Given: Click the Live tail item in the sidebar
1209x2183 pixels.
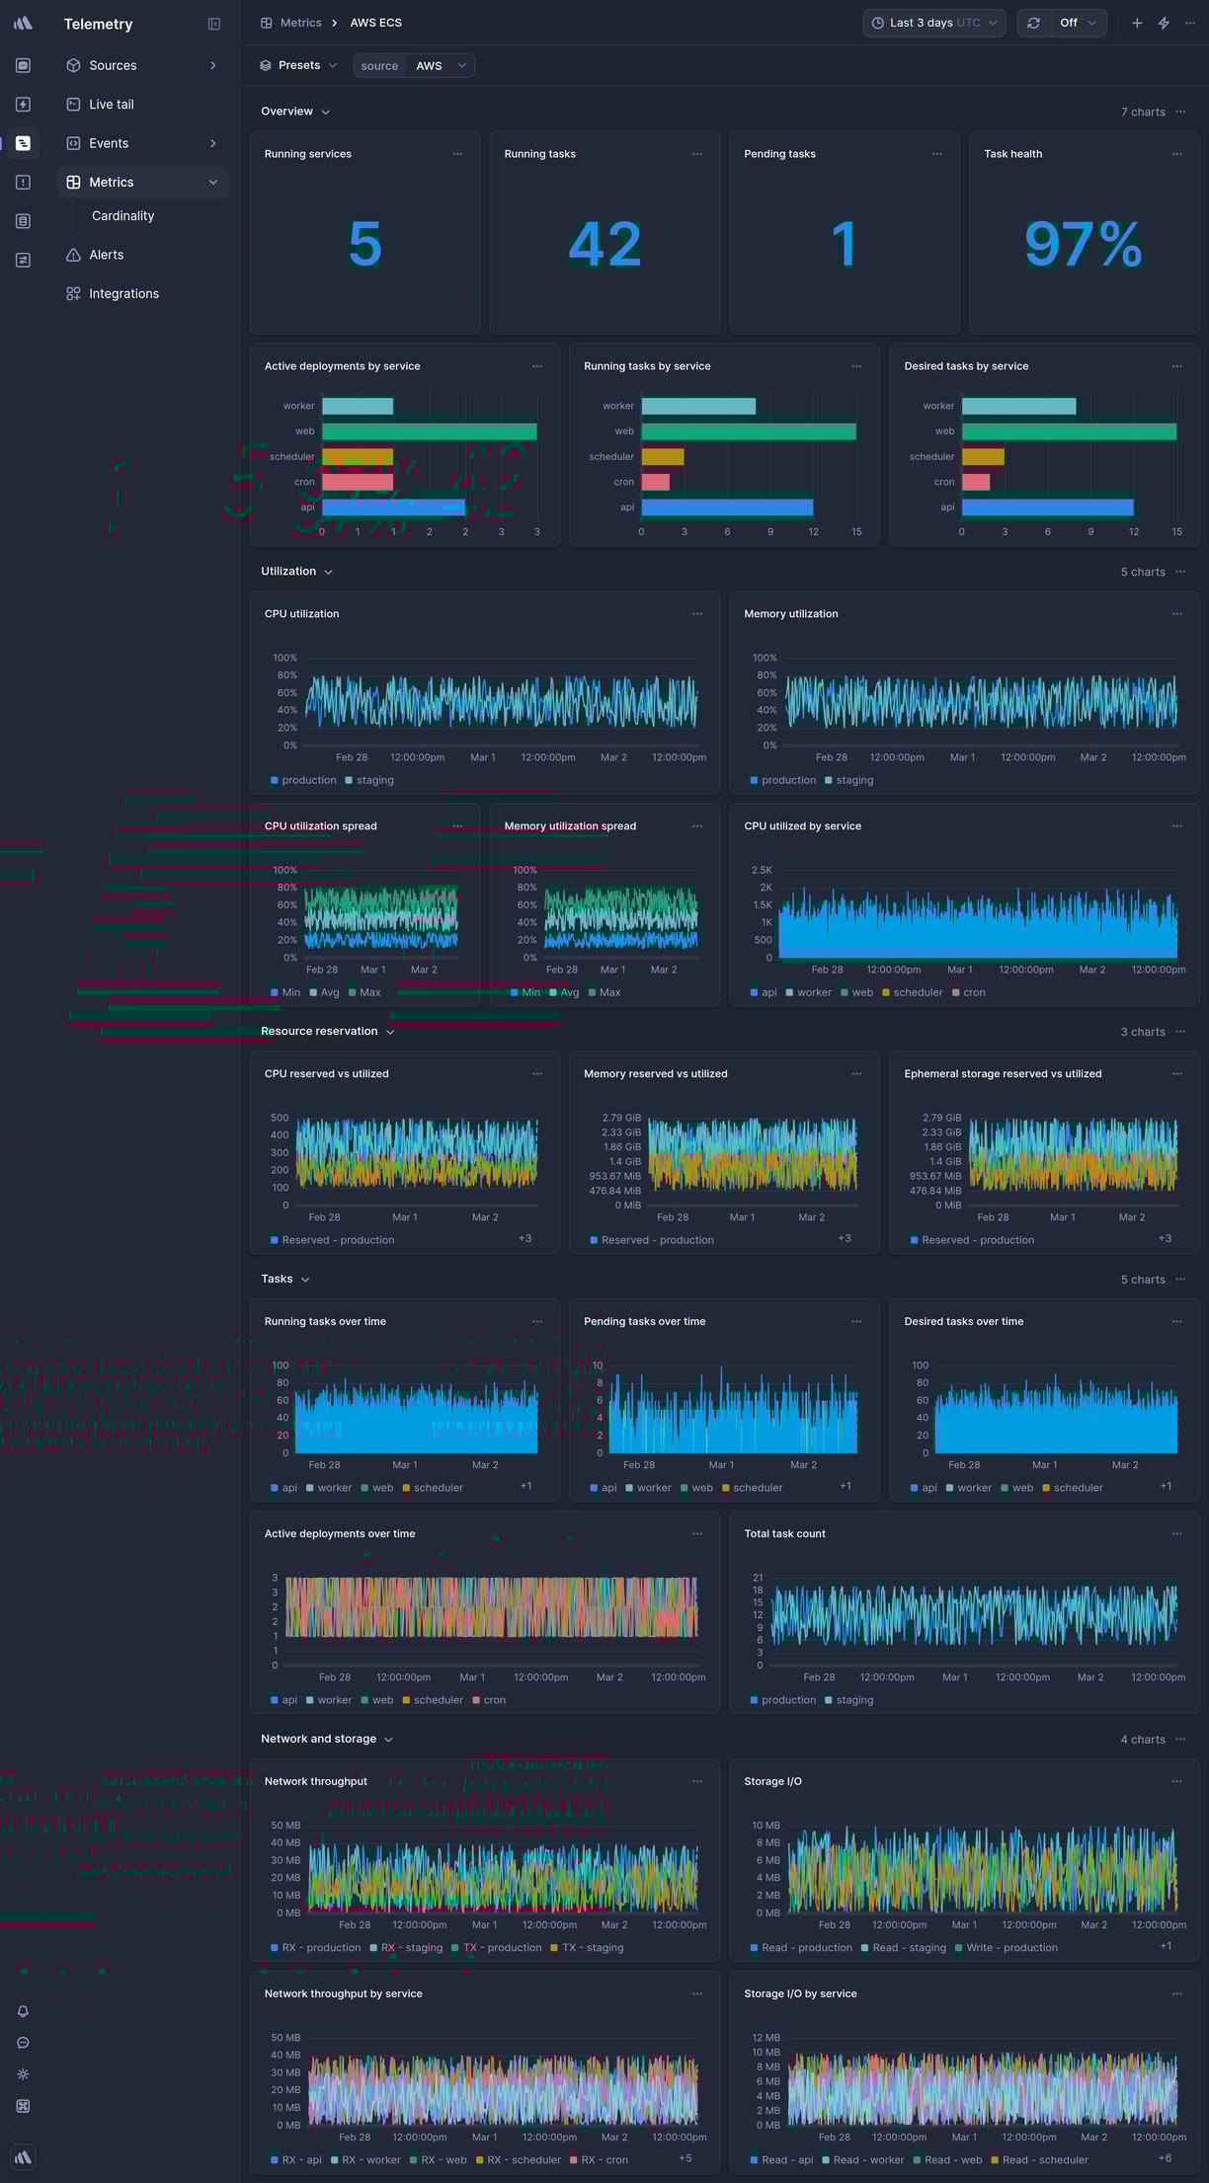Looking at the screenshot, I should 111,105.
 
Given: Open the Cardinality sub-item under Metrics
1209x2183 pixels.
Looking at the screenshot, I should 122,216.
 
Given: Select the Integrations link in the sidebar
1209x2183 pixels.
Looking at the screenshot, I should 123,294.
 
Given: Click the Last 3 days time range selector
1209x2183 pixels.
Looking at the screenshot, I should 933,23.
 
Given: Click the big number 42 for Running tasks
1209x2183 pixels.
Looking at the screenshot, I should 604,245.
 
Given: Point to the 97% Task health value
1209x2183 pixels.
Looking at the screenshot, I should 1083,245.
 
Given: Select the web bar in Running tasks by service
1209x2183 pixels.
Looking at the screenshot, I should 748,431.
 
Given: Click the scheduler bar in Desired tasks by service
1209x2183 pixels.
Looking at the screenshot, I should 983,457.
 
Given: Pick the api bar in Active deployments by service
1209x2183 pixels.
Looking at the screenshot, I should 393,507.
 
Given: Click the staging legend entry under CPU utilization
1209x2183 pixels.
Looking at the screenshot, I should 374,781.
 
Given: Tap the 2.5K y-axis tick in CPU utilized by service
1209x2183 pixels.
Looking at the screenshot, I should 762,871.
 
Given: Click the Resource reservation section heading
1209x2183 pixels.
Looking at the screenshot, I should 319,1032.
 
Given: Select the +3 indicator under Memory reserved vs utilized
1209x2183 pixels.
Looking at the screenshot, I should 845,1239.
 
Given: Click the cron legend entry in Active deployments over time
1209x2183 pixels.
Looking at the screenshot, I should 494,1700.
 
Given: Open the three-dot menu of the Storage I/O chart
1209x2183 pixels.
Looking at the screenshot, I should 1176,1782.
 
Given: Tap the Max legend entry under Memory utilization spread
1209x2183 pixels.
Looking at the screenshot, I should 609,993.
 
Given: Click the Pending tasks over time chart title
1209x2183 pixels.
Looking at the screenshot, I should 644,1322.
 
